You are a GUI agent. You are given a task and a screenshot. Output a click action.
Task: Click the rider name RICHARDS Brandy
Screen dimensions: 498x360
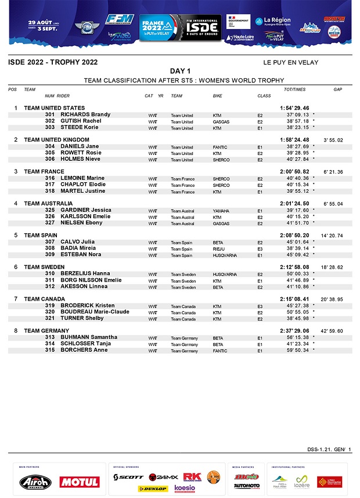[x=85, y=115]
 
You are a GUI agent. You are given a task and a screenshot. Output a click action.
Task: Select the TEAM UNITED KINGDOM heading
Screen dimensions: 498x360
[x=56, y=140]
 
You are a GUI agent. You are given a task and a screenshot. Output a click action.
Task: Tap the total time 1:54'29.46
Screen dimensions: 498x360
[x=294, y=109]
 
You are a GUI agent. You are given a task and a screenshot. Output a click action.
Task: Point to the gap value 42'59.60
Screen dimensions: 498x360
[x=333, y=331]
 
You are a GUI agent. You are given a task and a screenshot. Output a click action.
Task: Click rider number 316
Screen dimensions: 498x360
[x=50, y=179]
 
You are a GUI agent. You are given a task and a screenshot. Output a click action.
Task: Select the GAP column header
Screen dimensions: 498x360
[x=337, y=89]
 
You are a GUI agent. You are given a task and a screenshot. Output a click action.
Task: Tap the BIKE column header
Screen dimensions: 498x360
[x=217, y=96]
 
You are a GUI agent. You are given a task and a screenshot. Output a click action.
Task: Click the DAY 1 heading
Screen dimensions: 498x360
[x=181, y=71]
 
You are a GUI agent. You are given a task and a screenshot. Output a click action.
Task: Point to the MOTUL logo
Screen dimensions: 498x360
[x=79, y=482]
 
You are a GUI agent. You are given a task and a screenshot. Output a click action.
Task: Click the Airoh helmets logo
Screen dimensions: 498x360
[x=35, y=482]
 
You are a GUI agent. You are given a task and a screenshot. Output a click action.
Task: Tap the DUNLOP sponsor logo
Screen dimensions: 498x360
[x=153, y=489]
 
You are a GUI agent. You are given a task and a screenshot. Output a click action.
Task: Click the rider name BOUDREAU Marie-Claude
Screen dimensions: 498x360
[x=95, y=312]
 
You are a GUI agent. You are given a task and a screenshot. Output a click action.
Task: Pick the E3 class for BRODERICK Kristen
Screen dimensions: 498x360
[x=260, y=306]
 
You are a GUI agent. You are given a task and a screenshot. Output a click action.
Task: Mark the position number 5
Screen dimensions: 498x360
[x=16, y=235]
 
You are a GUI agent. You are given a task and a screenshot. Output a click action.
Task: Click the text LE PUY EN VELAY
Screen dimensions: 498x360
[x=290, y=63]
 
